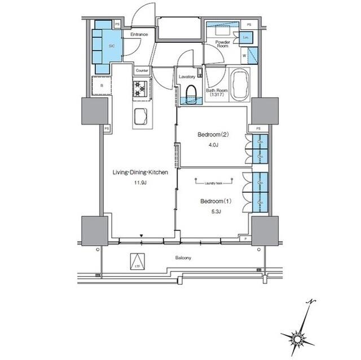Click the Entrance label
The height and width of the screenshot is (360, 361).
[139, 35]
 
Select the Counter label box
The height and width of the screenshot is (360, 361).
[142, 70]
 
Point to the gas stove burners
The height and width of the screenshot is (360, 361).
[140, 88]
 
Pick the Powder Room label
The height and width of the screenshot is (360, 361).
[222, 44]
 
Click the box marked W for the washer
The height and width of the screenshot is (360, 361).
[244, 56]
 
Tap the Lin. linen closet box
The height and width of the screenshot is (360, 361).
[246, 37]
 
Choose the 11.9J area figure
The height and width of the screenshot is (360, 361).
[140, 183]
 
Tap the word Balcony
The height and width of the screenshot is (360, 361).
[183, 258]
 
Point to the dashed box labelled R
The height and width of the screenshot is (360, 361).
[102, 85]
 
